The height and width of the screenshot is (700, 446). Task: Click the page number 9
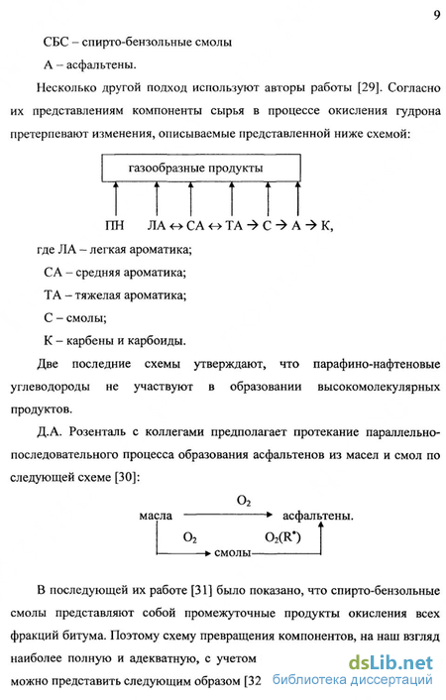(437, 15)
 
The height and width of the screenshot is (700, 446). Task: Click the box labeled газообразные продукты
(201, 168)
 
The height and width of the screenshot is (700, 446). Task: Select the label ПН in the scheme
(114, 225)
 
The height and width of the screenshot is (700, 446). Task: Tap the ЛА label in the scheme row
(157, 225)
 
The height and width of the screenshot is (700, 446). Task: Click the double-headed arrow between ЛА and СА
(175, 226)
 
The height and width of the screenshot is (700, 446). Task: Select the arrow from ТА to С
(253, 225)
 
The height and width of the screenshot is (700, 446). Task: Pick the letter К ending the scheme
(325, 225)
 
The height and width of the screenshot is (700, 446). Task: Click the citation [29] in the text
(369, 87)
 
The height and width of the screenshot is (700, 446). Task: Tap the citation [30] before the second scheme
(127, 477)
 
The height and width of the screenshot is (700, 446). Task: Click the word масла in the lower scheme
(156, 516)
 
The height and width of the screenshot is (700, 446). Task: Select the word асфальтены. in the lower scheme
(318, 516)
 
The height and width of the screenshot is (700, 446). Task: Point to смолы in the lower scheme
(232, 552)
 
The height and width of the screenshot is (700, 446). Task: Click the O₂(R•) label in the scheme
(282, 537)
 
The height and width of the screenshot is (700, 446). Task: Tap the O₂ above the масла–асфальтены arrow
(243, 501)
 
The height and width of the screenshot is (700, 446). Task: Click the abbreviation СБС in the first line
(56, 42)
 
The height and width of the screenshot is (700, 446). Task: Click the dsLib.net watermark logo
(390, 663)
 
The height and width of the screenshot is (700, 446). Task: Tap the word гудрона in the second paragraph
(417, 111)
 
